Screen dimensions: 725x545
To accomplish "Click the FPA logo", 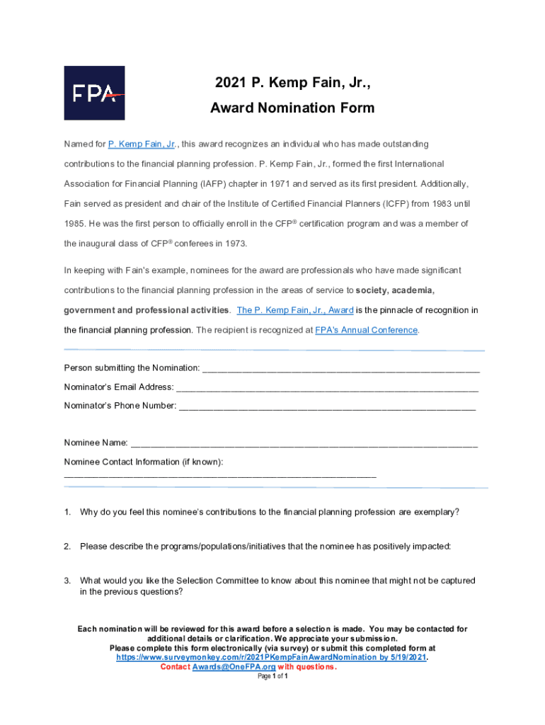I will point(94,93).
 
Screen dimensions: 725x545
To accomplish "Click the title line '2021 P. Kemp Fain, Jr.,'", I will point(292,84).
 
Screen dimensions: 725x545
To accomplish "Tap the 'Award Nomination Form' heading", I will point(292,108).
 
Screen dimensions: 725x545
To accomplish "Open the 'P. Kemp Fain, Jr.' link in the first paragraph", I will point(142,144).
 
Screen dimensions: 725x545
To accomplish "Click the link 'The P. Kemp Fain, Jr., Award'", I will point(295,310).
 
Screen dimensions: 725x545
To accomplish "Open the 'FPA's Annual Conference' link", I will point(366,330).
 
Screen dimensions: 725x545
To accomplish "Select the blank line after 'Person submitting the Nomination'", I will point(340,368).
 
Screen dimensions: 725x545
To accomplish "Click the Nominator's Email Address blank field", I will point(326,387).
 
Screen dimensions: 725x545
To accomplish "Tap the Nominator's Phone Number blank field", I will point(327,406).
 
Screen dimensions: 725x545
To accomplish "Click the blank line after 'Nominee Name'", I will point(304,443).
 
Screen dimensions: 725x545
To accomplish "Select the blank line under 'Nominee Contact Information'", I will point(219,476).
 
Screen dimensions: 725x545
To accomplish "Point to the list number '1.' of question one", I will point(67,512).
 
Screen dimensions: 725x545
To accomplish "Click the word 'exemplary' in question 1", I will point(434,512).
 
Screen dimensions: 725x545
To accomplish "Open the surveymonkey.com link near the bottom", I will point(271,658).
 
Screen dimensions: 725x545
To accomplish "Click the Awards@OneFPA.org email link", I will point(234,667).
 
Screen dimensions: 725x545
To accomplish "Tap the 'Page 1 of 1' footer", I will point(272,676).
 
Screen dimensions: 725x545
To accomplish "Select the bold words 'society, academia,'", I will point(395,290).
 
